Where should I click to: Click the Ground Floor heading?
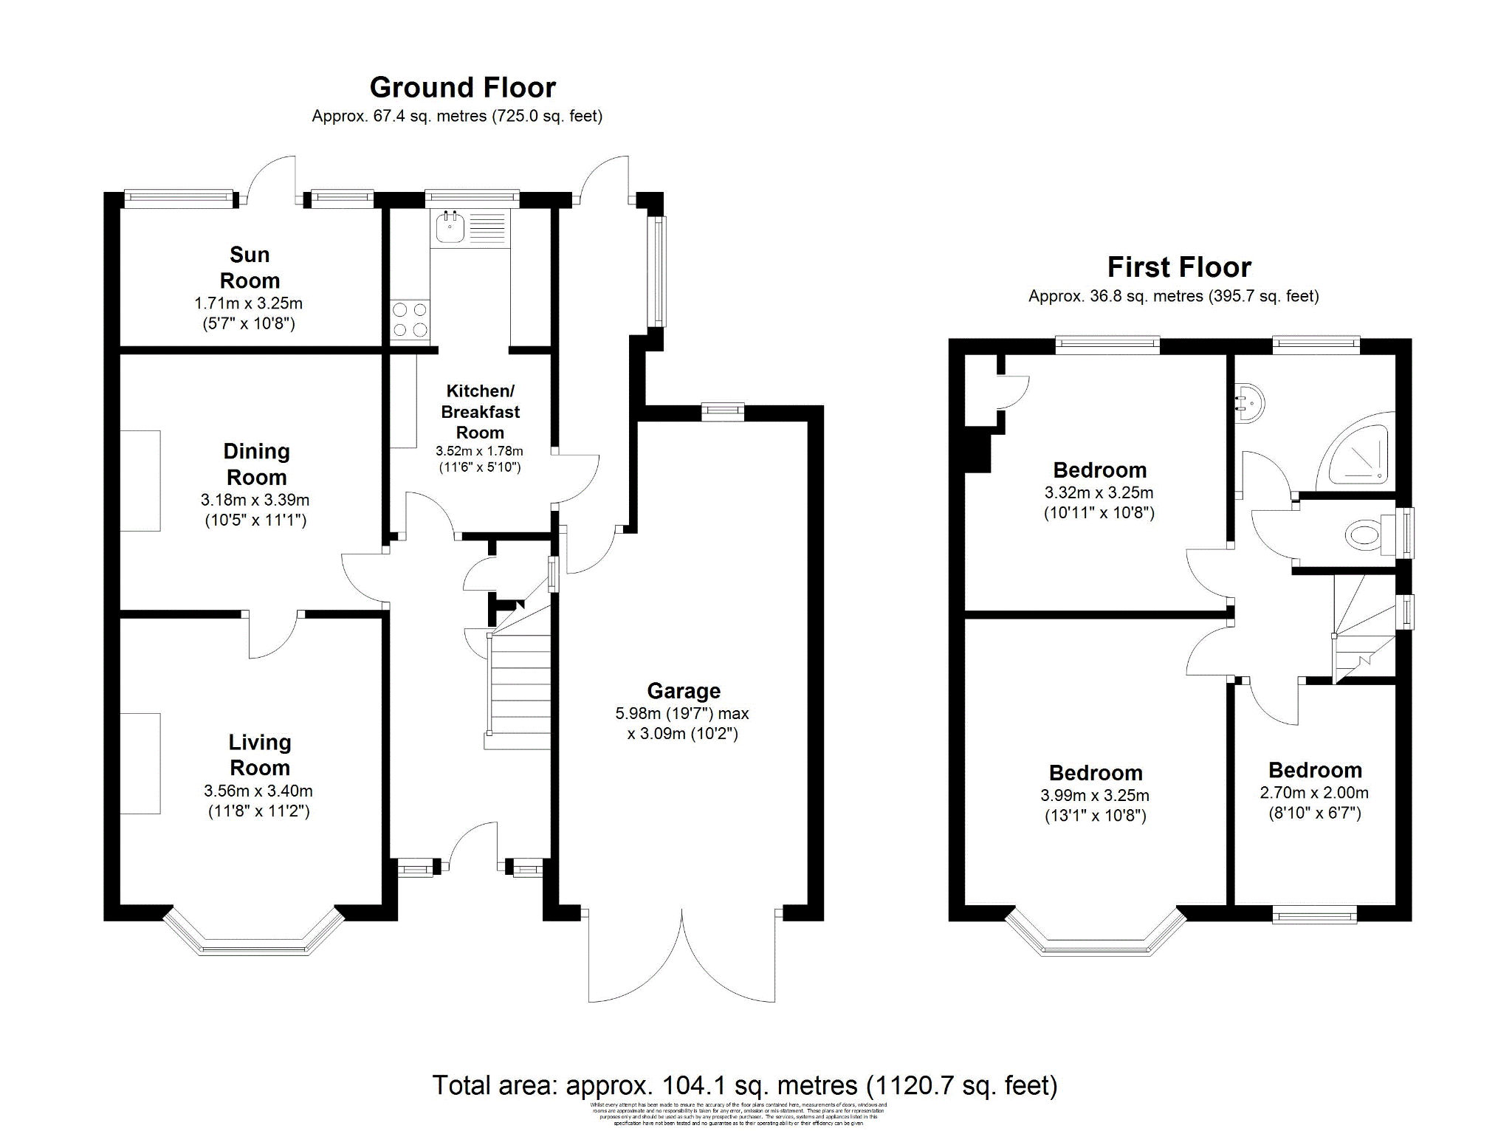[462, 88]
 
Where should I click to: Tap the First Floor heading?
[1178, 267]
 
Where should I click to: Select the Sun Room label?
[250, 268]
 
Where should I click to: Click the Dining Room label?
[256, 464]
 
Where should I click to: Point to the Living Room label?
[259, 754]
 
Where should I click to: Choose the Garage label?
[684, 691]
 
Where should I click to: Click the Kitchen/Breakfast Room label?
[480, 411]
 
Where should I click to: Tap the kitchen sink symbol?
[450, 227]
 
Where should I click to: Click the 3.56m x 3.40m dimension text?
[258, 791]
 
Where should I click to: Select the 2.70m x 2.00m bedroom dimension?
[1314, 793]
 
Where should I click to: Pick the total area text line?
[744, 1085]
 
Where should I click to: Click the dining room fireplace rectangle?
[140, 481]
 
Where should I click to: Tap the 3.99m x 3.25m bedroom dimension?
[1095, 796]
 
